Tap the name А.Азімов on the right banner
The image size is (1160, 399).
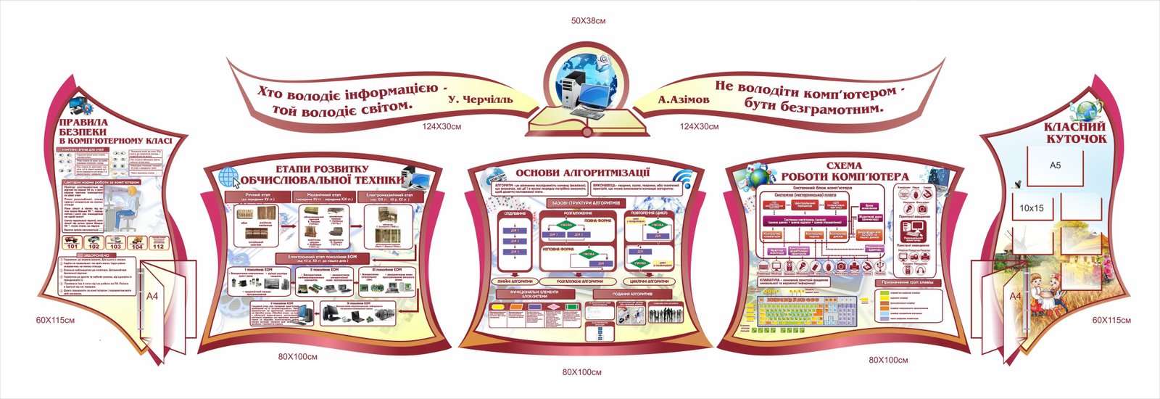coord(684,99)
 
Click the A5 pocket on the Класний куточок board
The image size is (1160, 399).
coord(1055,165)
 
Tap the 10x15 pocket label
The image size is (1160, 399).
coord(1031,208)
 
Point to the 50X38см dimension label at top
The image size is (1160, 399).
coord(588,21)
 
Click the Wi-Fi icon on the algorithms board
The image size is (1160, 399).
coord(682,180)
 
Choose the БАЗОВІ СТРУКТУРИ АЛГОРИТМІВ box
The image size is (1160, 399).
coord(584,202)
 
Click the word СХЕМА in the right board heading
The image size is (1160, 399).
coord(844,166)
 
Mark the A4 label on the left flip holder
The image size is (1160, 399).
coord(152,296)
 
